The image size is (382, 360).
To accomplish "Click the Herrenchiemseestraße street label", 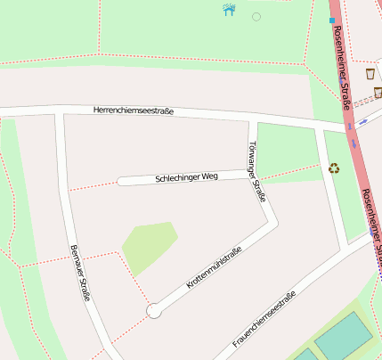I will (134, 111).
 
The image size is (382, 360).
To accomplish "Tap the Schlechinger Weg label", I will (186, 177).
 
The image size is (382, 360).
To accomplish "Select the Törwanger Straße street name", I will (256, 171).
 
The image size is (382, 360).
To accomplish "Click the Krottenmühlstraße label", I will (214, 268).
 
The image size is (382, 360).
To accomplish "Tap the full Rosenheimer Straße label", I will (341, 68).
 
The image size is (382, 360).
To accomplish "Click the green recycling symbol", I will (334, 167).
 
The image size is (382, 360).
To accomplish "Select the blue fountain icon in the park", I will (229, 10).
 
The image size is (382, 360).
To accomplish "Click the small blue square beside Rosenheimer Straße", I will (332, 20).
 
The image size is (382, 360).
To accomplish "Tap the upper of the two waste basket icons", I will (370, 72).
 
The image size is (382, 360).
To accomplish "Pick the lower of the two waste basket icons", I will (378, 92).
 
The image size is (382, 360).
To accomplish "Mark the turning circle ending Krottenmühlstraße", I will (154, 310).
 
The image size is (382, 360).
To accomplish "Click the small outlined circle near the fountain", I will (256, 16).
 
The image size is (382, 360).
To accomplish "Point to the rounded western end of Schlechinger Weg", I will (121, 181).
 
